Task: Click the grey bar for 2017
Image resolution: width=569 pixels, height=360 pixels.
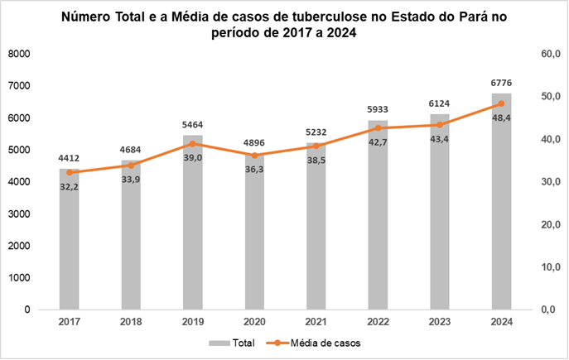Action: [x=69, y=248]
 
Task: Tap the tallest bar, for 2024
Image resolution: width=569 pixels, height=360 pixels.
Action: [x=501, y=215]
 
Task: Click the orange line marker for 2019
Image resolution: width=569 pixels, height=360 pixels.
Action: [x=192, y=143]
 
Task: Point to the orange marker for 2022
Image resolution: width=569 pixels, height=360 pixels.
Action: [x=378, y=128]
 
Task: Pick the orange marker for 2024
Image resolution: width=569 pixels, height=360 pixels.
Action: [x=501, y=103]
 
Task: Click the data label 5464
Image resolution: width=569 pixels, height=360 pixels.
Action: [x=192, y=125]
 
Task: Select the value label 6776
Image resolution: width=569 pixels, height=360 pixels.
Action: [x=501, y=83]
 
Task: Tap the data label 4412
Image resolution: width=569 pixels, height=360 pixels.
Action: [x=69, y=158]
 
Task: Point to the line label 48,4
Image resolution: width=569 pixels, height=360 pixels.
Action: [x=501, y=118]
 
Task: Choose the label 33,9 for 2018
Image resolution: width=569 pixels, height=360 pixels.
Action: [x=131, y=180]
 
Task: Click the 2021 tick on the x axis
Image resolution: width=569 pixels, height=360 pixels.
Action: [x=316, y=322]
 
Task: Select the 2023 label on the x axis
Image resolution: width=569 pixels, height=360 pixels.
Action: [x=439, y=322]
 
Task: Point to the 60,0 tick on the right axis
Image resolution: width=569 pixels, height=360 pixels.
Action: [x=550, y=54]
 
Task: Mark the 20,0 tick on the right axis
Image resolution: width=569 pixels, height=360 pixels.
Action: [x=550, y=224]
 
